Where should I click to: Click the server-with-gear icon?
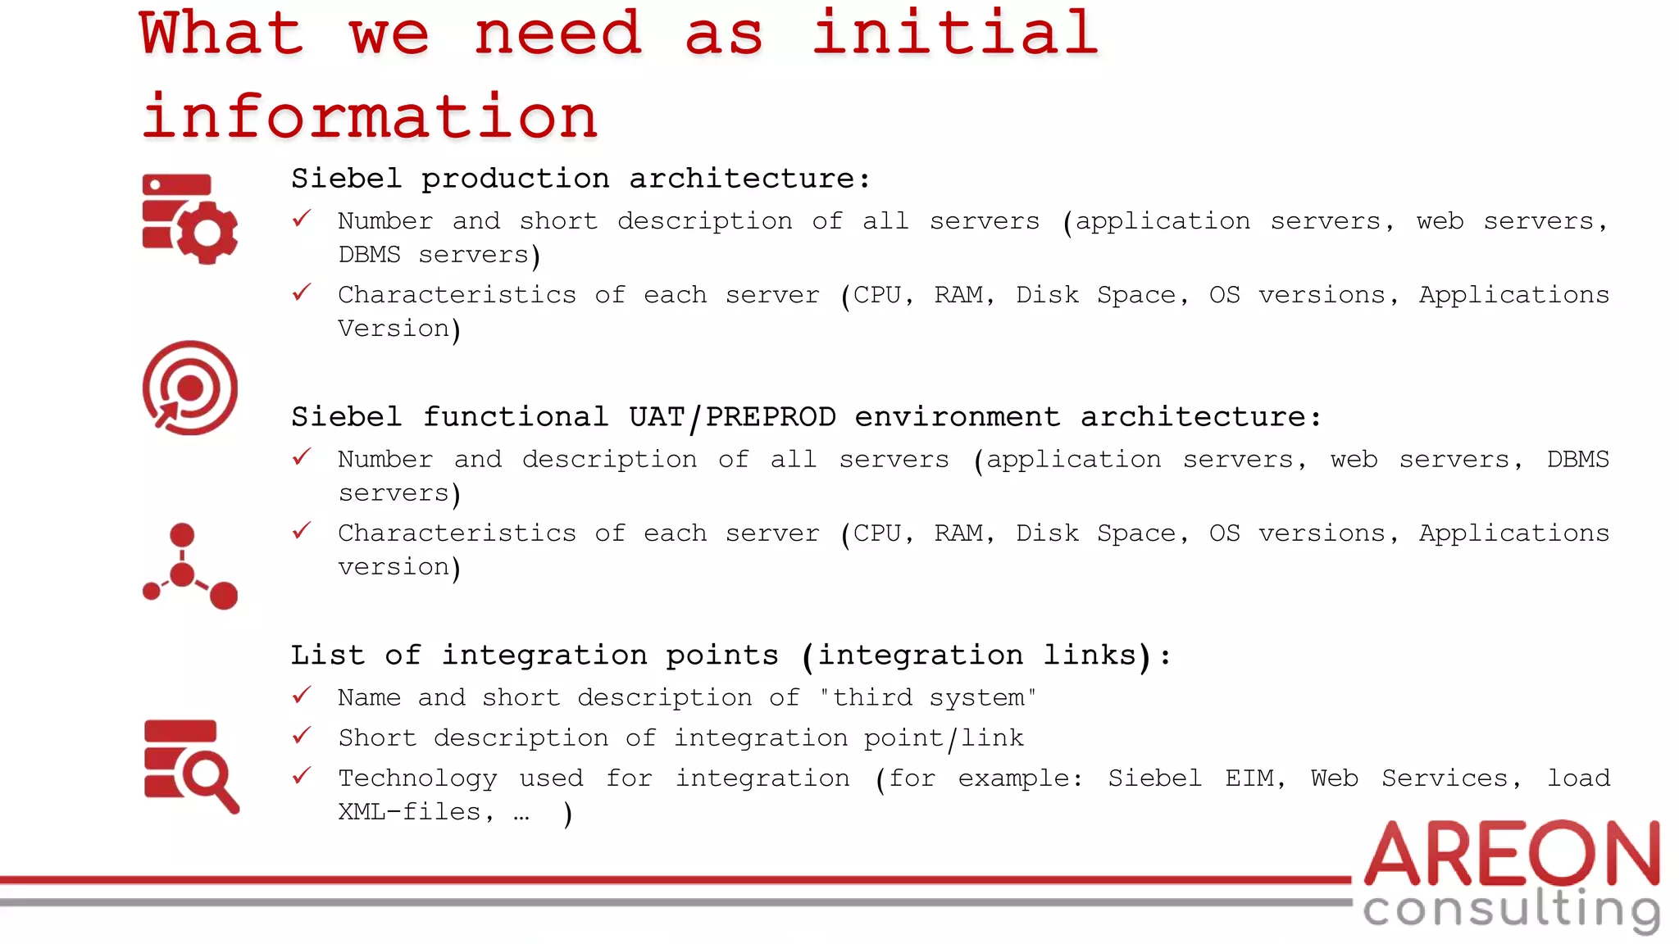coord(189,218)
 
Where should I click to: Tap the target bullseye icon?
coord(189,388)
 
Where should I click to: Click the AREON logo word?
coord(1512,854)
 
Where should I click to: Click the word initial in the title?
coord(955,34)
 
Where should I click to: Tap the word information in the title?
coord(370,117)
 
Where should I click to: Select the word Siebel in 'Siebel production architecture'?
coord(347,179)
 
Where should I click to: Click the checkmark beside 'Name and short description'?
coord(302,697)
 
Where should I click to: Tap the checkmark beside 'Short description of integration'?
coord(302,736)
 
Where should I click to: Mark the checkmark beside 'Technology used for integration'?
coord(302,776)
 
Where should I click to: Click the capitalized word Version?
coord(394,329)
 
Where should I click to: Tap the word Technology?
coord(417,778)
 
